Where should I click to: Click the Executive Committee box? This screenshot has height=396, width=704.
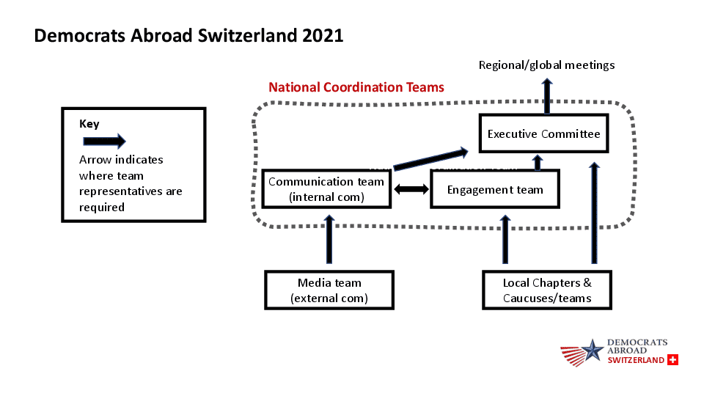click(543, 133)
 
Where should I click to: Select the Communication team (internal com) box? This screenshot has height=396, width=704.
click(326, 189)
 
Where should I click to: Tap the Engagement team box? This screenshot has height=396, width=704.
click(495, 189)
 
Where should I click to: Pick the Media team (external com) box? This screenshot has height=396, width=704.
click(329, 290)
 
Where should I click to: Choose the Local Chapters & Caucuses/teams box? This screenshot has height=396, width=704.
click(547, 290)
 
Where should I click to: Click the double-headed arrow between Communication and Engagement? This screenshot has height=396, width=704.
click(411, 189)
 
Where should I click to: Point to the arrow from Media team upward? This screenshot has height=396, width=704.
click(329, 240)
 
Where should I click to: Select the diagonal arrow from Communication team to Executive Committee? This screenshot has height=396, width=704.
click(430, 159)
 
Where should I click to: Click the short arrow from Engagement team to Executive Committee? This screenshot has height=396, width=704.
click(538, 162)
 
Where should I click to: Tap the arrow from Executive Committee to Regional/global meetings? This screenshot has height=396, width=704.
click(547, 95)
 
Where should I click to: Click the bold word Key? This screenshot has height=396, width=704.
click(89, 124)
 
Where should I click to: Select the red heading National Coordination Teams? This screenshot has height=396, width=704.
click(356, 87)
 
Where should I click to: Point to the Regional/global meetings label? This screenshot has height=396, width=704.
click(546, 65)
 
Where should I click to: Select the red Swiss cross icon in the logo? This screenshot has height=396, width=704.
click(672, 360)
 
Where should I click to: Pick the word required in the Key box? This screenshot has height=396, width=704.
click(102, 208)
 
